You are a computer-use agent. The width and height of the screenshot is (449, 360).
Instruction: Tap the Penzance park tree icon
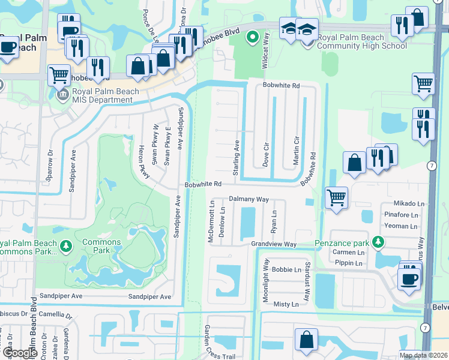(x=378, y=242)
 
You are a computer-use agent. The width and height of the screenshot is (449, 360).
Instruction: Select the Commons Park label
(x=103, y=243)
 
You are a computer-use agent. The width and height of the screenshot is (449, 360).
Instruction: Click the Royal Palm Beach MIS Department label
(x=106, y=96)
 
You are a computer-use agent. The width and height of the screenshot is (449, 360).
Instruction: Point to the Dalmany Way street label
(x=249, y=199)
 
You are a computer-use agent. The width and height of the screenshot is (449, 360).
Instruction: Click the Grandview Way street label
(x=274, y=244)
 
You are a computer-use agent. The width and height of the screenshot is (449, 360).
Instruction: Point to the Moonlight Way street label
(x=265, y=281)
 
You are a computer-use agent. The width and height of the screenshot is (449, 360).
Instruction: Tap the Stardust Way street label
(x=307, y=281)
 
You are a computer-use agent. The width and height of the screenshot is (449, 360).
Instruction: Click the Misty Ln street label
(x=286, y=305)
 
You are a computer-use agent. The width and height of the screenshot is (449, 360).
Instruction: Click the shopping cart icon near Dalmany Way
(x=336, y=197)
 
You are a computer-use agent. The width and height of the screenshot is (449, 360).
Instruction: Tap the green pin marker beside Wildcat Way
(x=253, y=38)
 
